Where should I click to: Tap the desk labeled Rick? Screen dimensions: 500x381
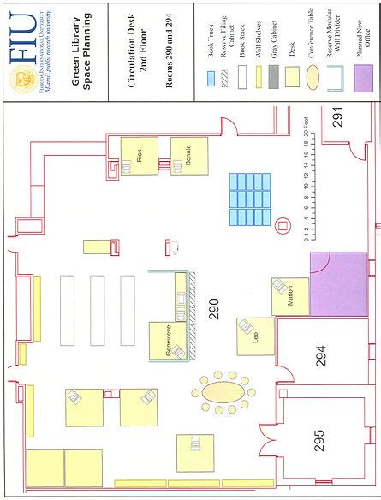(x=140, y=157)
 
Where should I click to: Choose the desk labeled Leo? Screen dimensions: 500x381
(x=255, y=336)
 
